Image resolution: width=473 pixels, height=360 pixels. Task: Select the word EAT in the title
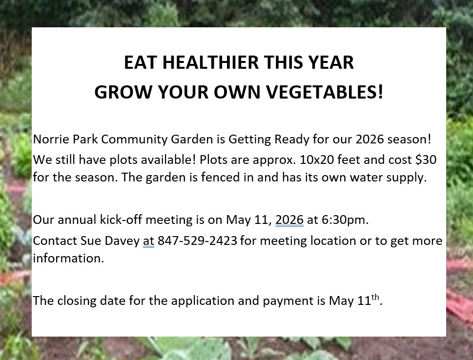coord(141,62)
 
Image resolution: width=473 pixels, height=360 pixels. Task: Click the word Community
coord(134,140)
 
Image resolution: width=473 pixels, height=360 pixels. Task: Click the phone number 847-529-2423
coord(197,241)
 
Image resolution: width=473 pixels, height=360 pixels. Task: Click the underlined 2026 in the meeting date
coord(289,220)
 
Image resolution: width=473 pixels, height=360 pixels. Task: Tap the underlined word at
coord(148,241)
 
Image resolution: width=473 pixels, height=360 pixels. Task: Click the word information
coord(68,259)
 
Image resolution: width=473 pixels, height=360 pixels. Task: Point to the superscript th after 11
coord(375,297)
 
